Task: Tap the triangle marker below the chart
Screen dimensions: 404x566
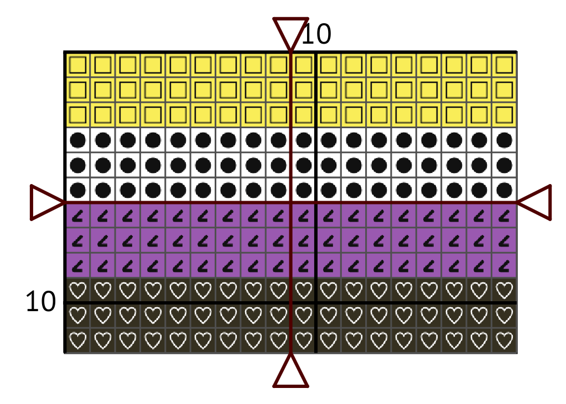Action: (x=290, y=371)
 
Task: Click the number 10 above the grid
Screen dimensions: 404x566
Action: (x=316, y=35)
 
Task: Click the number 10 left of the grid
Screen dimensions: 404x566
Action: (x=41, y=302)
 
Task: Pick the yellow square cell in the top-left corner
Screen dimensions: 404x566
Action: (x=78, y=65)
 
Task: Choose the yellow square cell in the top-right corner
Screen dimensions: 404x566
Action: (x=504, y=65)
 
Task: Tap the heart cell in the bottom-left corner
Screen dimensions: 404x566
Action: (x=78, y=340)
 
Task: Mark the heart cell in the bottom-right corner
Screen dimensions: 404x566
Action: (x=504, y=340)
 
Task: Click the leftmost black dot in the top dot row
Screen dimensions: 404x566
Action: (x=78, y=140)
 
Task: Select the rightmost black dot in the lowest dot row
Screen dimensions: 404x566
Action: (x=504, y=190)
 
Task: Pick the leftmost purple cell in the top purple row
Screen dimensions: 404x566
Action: (x=78, y=216)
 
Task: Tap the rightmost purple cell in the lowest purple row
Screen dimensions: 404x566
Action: (x=504, y=266)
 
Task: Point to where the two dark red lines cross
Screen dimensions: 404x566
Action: (x=290, y=203)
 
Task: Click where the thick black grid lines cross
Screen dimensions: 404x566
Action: (x=316, y=303)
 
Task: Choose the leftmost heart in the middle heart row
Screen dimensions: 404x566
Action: (x=78, y=316)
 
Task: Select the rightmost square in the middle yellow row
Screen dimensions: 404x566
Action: (x=504, y=90)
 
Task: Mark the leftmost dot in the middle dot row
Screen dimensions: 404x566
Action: (x=78, y=165)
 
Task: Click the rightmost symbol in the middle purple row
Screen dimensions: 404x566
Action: (x=504, y=240)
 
